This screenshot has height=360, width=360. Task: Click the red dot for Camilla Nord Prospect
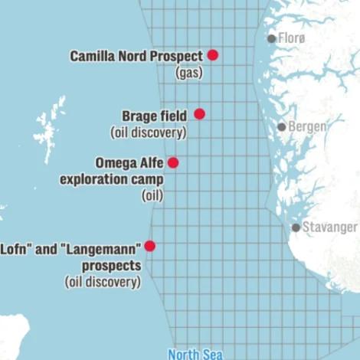coord(213,55)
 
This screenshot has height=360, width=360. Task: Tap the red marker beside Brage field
coord(199,114)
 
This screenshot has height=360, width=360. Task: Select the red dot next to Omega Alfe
coord(173,162)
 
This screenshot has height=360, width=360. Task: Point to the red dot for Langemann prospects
coord(150,246)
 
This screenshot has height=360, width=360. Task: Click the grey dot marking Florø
coord(271,38)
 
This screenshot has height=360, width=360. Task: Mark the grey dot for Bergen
coord(282,127)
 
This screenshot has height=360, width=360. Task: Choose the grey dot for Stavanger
coord(296,227)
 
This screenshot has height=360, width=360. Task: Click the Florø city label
coord(291,38)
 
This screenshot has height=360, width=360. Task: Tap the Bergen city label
coord(304,127)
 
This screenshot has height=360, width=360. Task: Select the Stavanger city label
coord(329,227)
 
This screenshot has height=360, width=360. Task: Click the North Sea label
coord(195,354)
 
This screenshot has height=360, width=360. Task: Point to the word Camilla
coord(93,56)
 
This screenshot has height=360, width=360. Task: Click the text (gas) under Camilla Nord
coord(189,73)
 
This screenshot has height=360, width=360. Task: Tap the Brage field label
coord(154,116)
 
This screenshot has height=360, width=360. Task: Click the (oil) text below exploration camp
coord(152,196)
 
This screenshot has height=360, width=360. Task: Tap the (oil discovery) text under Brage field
coord(148,133)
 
